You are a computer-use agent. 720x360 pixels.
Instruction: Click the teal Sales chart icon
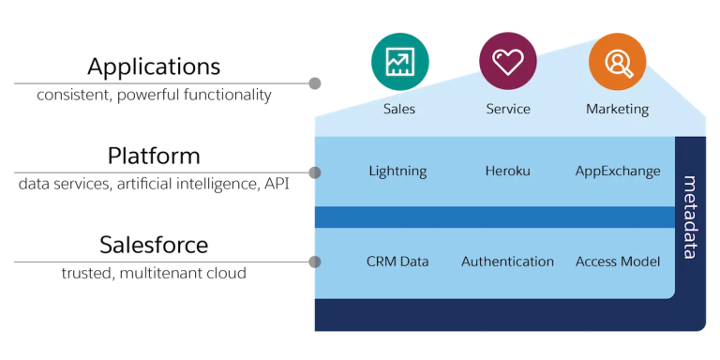(x=399, y=61)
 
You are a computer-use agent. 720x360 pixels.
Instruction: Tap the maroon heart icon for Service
(x=507, y=61)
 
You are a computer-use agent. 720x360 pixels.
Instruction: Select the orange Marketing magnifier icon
(x=617, y=61)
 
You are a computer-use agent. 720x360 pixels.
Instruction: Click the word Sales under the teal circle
(x=399, y=109)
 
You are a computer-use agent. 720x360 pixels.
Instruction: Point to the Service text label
(x=507, y=109)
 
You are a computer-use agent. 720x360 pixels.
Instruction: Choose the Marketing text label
(x=617, y=109)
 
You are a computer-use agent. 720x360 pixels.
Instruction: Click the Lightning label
(x=397, y=172)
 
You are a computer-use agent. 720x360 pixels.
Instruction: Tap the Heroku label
(x=507, y=172)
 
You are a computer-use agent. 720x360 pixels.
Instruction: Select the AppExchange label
(x=618, y=172)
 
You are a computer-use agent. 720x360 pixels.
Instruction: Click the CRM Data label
(x=397, y=262)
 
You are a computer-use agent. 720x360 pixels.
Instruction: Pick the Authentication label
(x=507, y=262)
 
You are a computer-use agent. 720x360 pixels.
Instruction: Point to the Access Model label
(x=618, y=262)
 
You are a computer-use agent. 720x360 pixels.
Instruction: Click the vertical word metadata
(x=690, y=217)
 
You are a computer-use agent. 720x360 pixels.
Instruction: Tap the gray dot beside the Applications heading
(x=315, y=83)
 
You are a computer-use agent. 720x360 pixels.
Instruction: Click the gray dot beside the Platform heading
(x=315, y=172)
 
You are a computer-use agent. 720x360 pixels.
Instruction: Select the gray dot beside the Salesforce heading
(x=315, y=262)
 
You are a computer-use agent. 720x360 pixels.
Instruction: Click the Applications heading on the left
(x=155, y=67)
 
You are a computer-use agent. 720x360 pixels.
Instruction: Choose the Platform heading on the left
(x=155, y=156)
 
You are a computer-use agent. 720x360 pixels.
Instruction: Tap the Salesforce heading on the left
(x=155, y=246)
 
